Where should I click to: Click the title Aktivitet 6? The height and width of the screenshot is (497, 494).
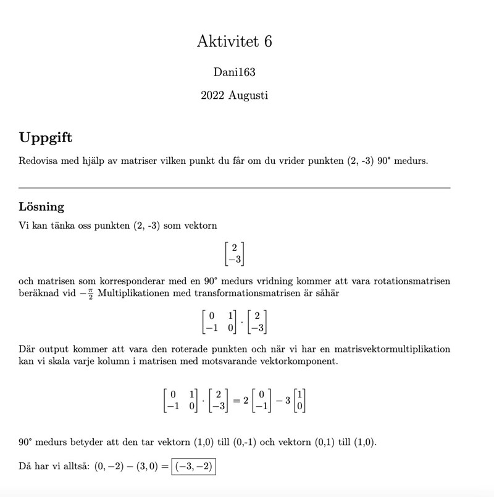point(234,41)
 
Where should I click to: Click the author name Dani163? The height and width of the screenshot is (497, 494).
point(234,72)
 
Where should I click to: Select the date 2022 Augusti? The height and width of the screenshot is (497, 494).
point(234,95)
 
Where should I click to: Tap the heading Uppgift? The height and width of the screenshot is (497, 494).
point(45,137)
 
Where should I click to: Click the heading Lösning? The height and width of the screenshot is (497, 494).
point(41,206)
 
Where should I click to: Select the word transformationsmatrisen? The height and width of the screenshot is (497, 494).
point(230,293)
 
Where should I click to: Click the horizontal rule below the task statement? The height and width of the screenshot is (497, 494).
point(234,187)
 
